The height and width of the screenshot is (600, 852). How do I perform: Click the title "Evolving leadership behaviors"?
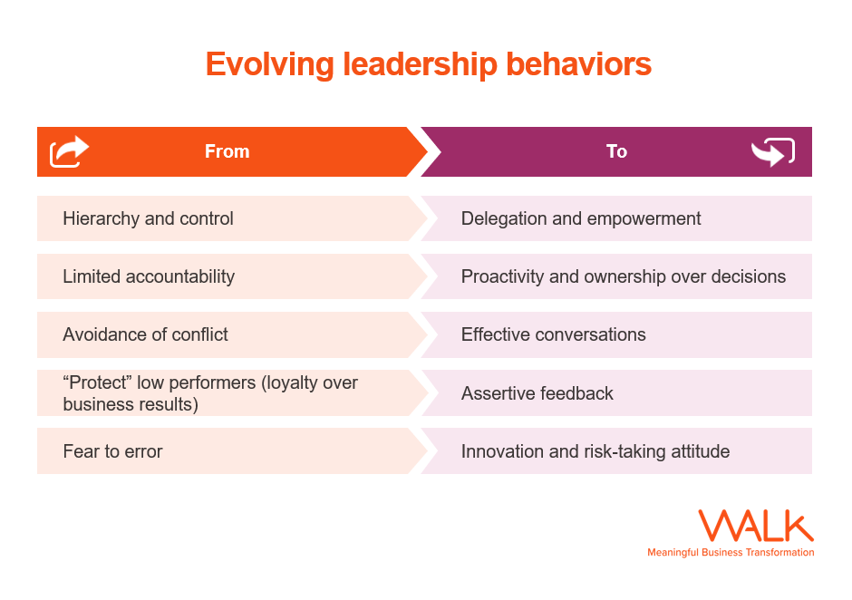[x=428, y=65]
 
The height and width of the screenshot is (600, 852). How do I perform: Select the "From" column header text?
[x=227, y=151]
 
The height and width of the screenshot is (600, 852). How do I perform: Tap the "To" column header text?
[x=616, y=151]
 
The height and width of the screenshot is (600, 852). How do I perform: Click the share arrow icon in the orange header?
[x=70, y=151]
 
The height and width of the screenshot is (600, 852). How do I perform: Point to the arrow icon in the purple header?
[x=772, y=152]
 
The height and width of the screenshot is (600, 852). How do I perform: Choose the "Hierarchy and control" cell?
[x=148, y=218]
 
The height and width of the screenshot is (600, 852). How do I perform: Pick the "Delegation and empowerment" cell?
[x=581, y=218]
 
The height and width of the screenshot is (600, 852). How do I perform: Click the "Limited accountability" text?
[x=149, y=276]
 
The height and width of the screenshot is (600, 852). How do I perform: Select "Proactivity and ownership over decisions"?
[x=623, y=276]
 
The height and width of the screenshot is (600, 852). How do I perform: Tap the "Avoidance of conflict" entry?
[x=145, y=334]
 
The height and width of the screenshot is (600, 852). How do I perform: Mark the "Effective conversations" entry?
[x=553, y=334]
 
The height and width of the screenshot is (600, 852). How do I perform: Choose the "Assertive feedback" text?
[x=537, y=393]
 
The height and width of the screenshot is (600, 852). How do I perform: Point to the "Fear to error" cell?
[x=112, y=451]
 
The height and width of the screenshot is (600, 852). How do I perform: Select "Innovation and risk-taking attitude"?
[x=595, y=451]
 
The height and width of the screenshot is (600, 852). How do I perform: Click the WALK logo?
[x=756, y=527]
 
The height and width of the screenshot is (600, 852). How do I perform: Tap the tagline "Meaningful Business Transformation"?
[x=731, y=552]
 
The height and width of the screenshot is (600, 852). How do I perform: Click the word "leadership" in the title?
[x=419, y=65]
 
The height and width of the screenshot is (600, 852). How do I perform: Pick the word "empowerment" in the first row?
[x=645, y=218]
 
